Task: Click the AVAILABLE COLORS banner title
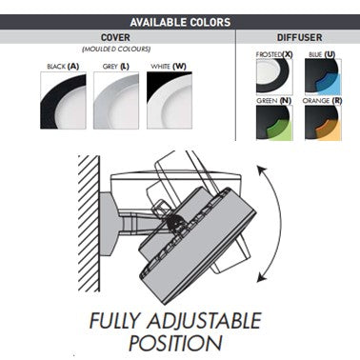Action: (180, 22)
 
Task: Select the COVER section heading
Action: (115, 37)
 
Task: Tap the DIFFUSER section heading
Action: (299, 37)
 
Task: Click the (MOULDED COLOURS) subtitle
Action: (116, 50)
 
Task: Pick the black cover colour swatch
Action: (63, 100)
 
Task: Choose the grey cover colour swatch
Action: (116, 100)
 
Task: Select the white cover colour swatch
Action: (170, 100)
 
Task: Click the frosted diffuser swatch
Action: (274, 76)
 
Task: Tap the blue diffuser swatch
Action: (323, 76)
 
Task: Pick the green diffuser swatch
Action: (274, 123)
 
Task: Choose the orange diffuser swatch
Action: (323, 123)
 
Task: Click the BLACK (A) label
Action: (63, 67)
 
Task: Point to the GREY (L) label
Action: (116, 67)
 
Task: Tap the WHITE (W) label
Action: (169, 67)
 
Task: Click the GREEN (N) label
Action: (273, 101)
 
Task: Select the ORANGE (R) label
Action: (322, 101)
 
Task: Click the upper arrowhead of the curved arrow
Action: (261, 170)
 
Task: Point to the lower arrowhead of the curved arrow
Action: (261, 277)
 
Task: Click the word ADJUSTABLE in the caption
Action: (204, 321)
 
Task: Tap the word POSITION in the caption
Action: (175, 343)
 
